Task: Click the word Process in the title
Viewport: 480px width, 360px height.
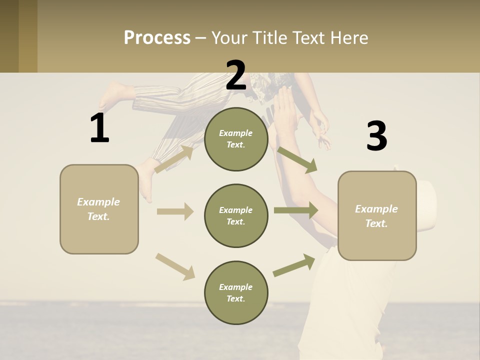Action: (x=157, y=37)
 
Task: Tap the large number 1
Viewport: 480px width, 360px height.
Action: (x=99, y=128)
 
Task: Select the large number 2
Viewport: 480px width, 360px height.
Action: (x=236, y=75)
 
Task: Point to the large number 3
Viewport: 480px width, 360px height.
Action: (x=376, y=136)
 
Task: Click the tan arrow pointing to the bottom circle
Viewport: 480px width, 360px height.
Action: (x=175, y=266)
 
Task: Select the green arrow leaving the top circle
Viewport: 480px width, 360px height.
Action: (x=297, y=159)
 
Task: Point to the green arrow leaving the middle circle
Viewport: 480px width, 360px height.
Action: (x=295, y=210)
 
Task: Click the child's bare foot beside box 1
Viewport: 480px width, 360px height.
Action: (x=145, y=182)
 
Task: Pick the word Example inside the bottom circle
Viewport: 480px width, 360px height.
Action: (x=236, y=287)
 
